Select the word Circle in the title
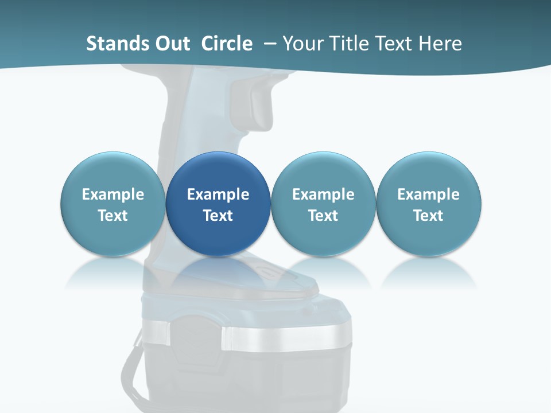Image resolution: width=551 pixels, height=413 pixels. pyautogui.click(x=227, y=44)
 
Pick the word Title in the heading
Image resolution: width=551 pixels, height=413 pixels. pyautogui.click(x=348, y=44)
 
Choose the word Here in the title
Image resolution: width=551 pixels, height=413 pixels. pyautogui.click(x=441, y=44)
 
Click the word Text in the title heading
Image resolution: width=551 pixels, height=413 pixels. pyautogui.click(x=396, y=44)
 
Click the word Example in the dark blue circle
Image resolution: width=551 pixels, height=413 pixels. pyautogui.click(x=218, y=194)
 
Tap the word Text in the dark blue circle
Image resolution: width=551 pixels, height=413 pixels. pyautogui.click(x=218, y=216)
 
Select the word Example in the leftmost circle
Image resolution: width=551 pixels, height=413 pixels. pyautogui.click(x=112, y=194)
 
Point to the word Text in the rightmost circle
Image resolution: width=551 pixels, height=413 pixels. pyautogui.click(x=428, y=216)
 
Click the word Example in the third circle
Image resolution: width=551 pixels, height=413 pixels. pyautogui.click(x=323, y=194)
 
